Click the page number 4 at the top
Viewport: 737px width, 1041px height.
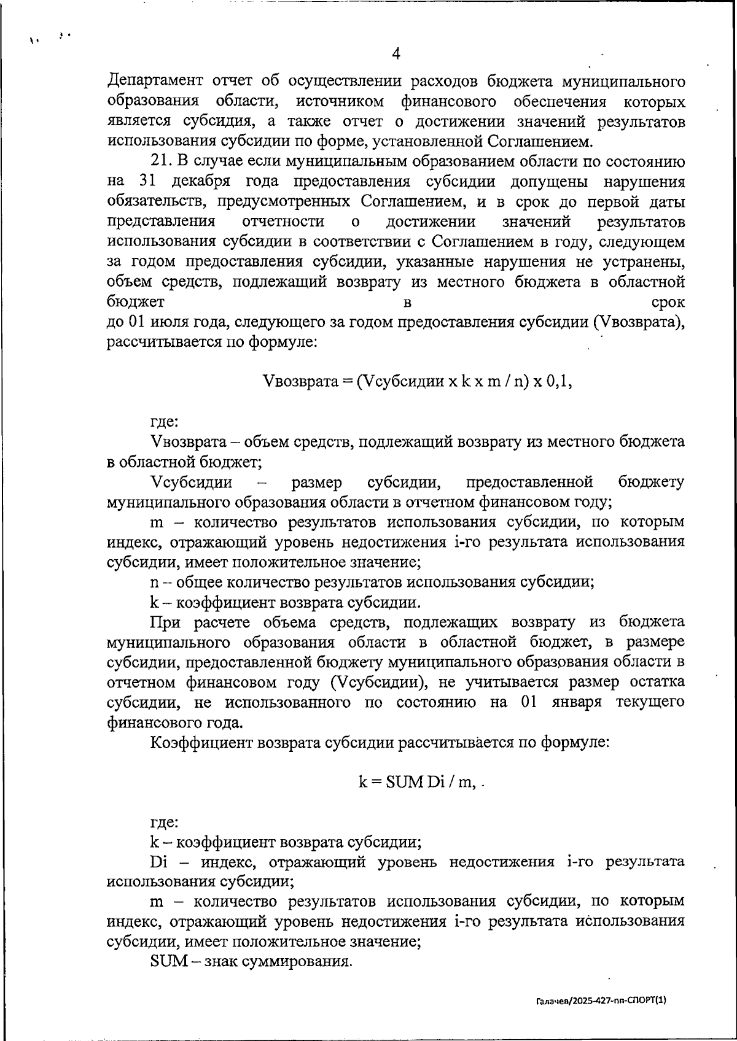click(396, 54)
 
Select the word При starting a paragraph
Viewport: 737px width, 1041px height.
click(165, 622)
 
